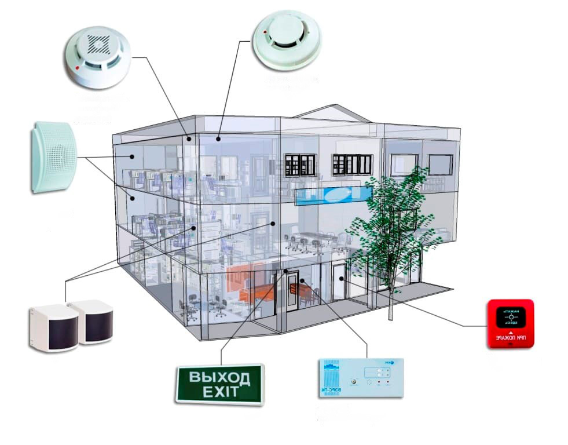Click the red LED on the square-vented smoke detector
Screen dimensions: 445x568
click(x=78, y=67)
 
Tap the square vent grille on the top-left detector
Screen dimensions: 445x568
click(x=98, y=43)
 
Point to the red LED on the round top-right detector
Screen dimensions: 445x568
click(x=265, y=32)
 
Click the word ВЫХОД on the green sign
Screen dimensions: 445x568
click(x=219, y=378)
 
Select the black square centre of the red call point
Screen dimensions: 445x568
click(x=511, y=318)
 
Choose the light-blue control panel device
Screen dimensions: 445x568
click(x=360, y=378)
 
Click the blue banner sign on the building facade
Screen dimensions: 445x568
click(x=333, y=194)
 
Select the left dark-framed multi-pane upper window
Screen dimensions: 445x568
click(x=300, y=165)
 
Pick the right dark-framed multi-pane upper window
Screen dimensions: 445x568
click(x=352, y=164)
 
